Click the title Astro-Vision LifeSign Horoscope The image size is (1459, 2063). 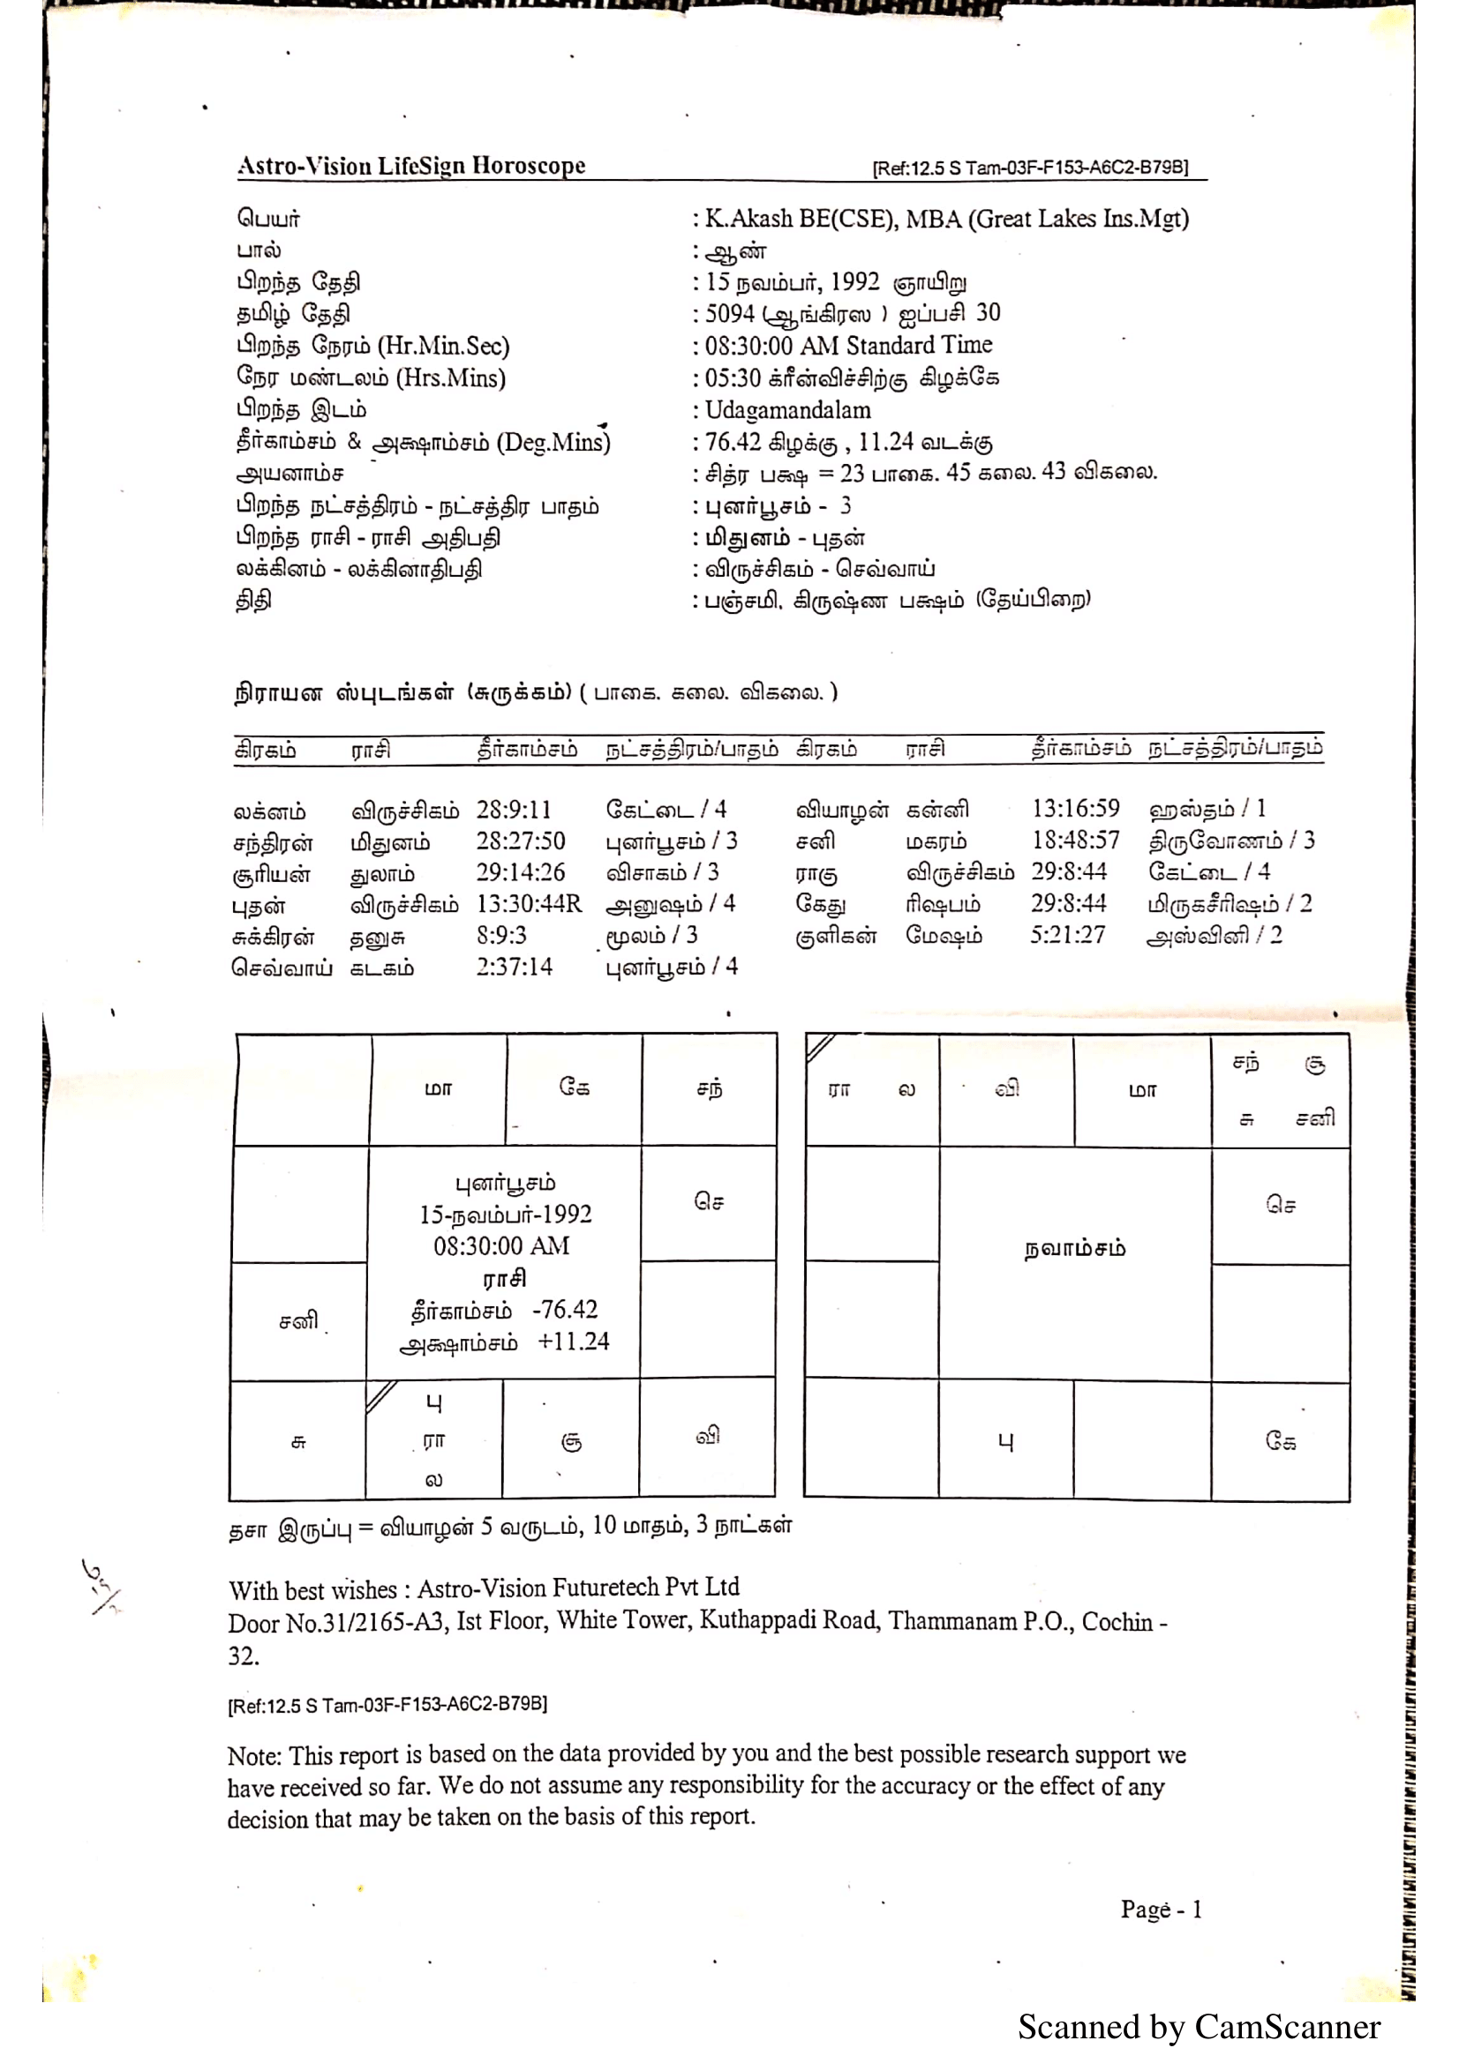(410, 166)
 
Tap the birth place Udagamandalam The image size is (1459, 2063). (787, 411)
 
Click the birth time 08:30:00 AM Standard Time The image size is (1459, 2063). (848, 346)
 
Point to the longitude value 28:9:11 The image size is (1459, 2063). (514, 810)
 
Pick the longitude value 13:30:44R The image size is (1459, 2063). (529, 904)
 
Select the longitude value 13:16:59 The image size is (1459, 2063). (1075, 809)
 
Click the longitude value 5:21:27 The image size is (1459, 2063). (1067, 935)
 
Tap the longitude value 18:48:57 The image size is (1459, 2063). (1075, 841)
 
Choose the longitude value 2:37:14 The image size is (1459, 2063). (515, 968)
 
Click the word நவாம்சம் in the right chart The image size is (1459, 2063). (1074, 1249)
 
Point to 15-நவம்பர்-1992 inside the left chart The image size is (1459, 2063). (505, 1215)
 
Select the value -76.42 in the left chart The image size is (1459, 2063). (565, 1310)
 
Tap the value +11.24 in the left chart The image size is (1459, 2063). (574, 1342)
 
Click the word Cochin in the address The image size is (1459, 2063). (1117, 1622)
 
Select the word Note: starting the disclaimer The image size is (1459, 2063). (254, 1756)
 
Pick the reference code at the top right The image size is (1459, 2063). (1030, 168)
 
